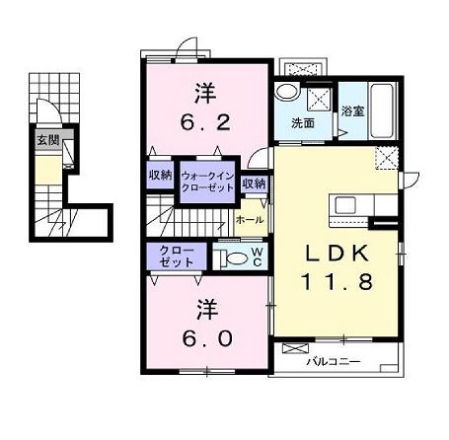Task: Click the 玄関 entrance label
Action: tap(47, 140)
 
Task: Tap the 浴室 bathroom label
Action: tap(352, 110)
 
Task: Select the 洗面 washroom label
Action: tap(303, 123)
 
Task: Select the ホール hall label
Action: tap(250, 220)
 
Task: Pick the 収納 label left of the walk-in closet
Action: tap(161, 175)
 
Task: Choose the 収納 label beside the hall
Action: tap(254, 183)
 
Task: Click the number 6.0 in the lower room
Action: tap(207, 337)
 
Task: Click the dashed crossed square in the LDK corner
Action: tap(385, 156)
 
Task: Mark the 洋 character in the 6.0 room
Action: tap(206, 306)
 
